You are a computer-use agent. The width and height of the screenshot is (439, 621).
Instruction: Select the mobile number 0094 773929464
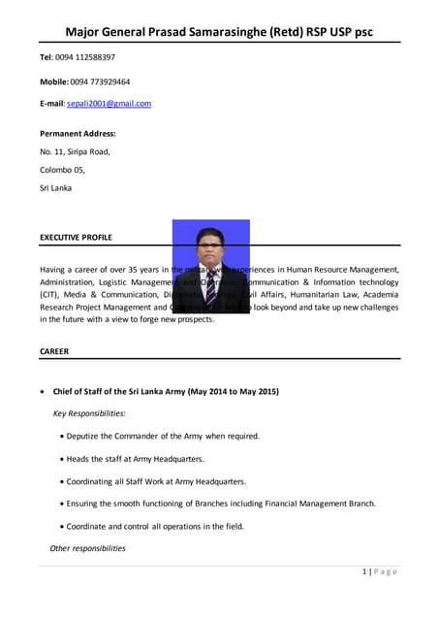tap(100, 82)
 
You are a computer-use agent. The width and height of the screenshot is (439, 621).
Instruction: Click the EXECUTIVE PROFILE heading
tap(76, 237)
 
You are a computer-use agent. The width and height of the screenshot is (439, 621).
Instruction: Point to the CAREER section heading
tap(54, 351)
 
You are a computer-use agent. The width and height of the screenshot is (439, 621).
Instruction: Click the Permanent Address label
tap(78, 134)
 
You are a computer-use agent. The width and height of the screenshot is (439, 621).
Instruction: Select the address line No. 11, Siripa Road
tap(75, 151)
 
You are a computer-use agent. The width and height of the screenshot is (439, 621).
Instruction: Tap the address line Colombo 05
tap(63, 170)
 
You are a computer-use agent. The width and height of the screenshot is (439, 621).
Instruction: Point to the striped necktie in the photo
tap(210, 285)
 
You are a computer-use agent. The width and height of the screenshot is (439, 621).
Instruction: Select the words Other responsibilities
tap(87, 548)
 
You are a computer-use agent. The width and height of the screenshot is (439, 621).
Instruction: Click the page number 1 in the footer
tap(363, 572)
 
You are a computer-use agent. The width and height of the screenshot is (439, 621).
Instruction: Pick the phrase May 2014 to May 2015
tap(231, 391)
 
